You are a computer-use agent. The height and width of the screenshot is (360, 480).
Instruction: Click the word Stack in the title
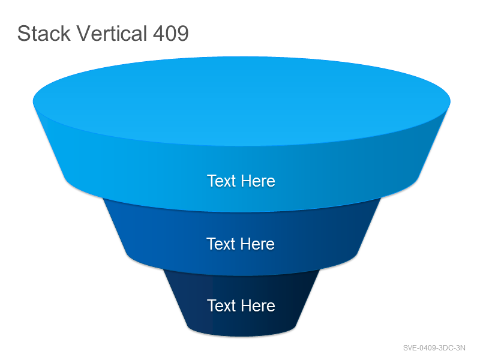coord(44,33)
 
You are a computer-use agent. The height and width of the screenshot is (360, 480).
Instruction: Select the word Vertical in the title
coord(112,33)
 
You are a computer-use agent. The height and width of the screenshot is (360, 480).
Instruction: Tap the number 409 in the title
coord(170,33)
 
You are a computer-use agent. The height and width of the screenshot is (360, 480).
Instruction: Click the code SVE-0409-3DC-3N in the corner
coord(434,348)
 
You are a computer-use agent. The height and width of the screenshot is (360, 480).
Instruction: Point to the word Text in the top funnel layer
coord(221,181)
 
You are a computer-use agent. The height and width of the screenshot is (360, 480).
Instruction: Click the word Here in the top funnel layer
coord(258,181)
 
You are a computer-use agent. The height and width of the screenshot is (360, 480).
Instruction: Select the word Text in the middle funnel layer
coord(221,244)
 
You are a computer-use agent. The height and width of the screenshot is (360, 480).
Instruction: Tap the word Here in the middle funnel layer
coord(257,244)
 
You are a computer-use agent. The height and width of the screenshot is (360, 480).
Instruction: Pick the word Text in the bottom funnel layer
coord(221,305)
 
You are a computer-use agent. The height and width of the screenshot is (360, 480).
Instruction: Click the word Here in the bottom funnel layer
coord(258,305)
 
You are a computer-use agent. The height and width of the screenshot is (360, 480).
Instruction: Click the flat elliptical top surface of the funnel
coord(242,101)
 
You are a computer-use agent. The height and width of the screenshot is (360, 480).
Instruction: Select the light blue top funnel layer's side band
coord(122,172)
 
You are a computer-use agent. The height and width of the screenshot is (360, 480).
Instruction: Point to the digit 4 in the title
coord(158,34)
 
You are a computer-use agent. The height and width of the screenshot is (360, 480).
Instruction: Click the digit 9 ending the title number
coord(183,34)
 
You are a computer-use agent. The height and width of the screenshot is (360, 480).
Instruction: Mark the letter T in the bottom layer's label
coord(212,305)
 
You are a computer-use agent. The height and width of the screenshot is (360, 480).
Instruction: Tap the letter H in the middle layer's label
coord(246,244)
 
